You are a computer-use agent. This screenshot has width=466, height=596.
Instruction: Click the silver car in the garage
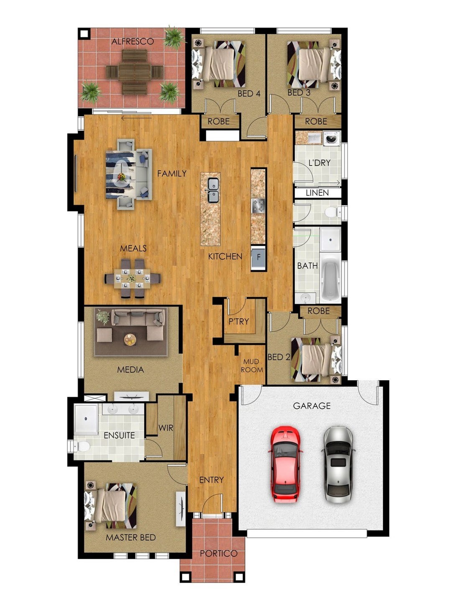[x=339, y=464]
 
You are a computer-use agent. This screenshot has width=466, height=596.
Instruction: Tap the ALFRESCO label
[x=132, y=41]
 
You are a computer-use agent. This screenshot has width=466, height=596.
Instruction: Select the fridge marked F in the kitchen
[x=258, y=257]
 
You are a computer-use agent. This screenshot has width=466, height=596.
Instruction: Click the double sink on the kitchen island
[x=213, y=190]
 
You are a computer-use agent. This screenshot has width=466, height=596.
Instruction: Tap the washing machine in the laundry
[x=332, y=138]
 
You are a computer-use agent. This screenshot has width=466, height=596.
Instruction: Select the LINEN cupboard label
[x=317, y=193]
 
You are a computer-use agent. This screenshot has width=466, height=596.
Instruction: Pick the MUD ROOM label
[x=252, y=366]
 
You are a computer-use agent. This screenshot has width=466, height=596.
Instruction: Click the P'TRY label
[x=239, y=321]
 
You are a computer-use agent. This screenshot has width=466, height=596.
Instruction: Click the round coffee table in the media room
[x=130, y=340]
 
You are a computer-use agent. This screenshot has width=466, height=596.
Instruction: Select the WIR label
[x=166, y=427]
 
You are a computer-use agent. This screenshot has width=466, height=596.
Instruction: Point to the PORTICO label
[x=219, y=553]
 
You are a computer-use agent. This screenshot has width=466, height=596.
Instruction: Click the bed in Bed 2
[x=316, y=360]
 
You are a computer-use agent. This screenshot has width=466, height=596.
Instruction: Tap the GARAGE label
[x=312, y=406]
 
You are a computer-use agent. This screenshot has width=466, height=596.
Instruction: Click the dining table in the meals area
[x=132, y=279]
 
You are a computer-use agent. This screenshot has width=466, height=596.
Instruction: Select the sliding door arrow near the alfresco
[x=136, y=118]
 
